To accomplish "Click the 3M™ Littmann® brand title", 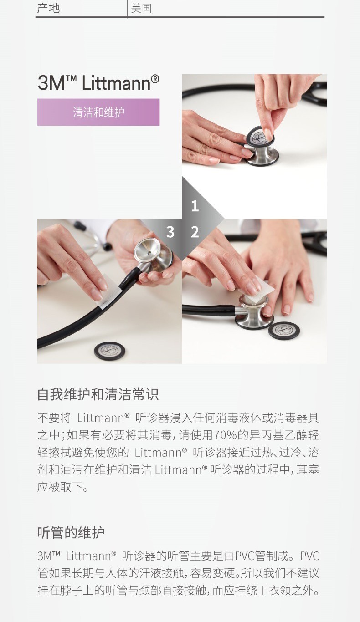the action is [98, 82].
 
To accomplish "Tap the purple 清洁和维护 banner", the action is [98, 112].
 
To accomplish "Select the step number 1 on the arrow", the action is [195, 206].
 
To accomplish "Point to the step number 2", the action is [195, 232].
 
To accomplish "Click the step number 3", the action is [170, 232].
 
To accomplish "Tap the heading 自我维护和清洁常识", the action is [98, 394].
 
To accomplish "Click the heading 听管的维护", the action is [71, 533].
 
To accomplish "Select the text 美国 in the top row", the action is [141, 8].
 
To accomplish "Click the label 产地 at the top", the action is [48, 8].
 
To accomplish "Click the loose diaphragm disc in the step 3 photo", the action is [110, 351].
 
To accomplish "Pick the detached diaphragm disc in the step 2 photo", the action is [283, 331].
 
